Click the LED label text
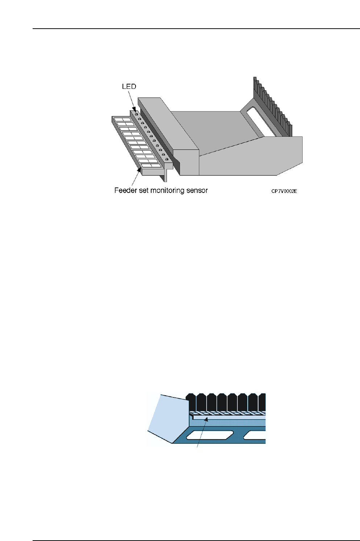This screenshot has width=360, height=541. tap(129, 87)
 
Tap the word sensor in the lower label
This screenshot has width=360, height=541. tap(197, 190)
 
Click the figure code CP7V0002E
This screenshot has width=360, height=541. tap(284, 191)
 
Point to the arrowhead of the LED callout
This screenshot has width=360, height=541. tap(134, 109)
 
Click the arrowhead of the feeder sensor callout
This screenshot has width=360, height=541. tap(139, 169)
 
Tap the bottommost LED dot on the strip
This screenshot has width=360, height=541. tap(166, 159)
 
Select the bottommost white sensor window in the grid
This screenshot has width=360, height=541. tap(151, 165)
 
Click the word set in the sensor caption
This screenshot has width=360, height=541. tap(144, 190)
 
